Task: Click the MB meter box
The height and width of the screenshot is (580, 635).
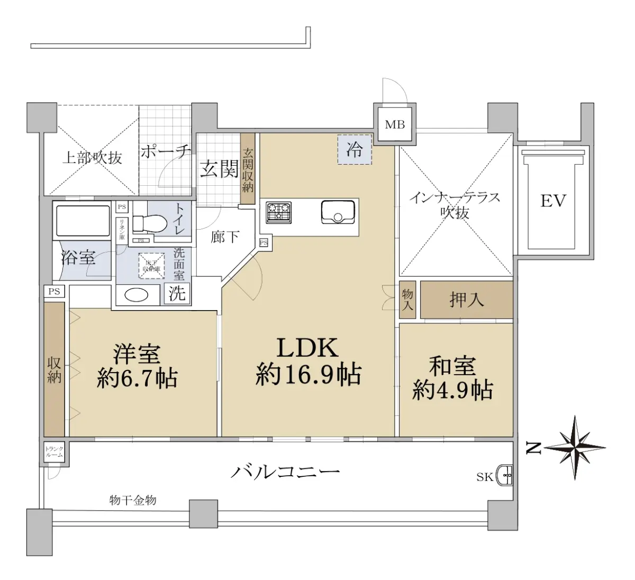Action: tap(395, 125)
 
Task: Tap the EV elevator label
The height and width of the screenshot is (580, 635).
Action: tap(553, 201)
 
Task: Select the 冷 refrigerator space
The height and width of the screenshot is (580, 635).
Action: tap(355, 150)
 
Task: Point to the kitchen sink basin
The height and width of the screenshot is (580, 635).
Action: tap(337, 212)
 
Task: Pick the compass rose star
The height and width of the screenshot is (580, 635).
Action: tap(575, 448)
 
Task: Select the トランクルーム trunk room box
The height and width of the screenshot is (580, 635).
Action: tap(54, 452)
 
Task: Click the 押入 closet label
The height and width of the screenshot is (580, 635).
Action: tap(467, 300)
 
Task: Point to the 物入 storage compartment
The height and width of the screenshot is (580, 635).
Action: tap(407, 300)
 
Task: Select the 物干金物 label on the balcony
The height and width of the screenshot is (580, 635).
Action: tap(133, 500)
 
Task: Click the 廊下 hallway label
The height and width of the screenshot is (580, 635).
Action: tap(225, 237)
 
